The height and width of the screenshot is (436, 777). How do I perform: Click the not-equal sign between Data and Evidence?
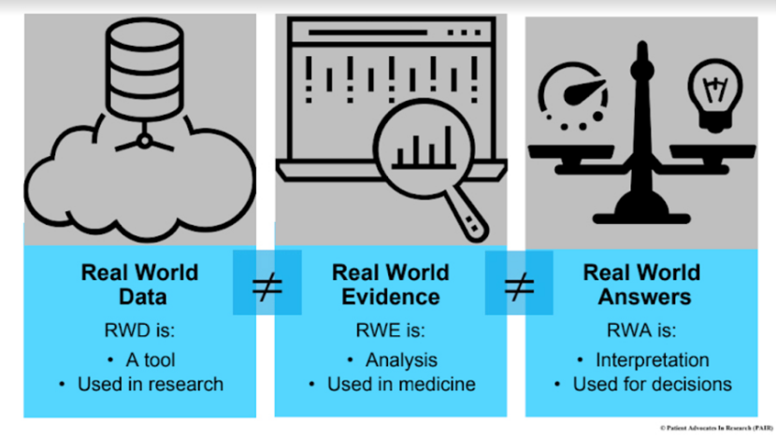pos(266,284)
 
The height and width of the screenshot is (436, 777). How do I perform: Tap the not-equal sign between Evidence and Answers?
pos(518,284)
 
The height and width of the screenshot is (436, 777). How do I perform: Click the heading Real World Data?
pos(139,285)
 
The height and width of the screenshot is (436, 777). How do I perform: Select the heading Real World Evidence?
pos(390,285)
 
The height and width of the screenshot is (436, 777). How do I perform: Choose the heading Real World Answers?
pos(641,285)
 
